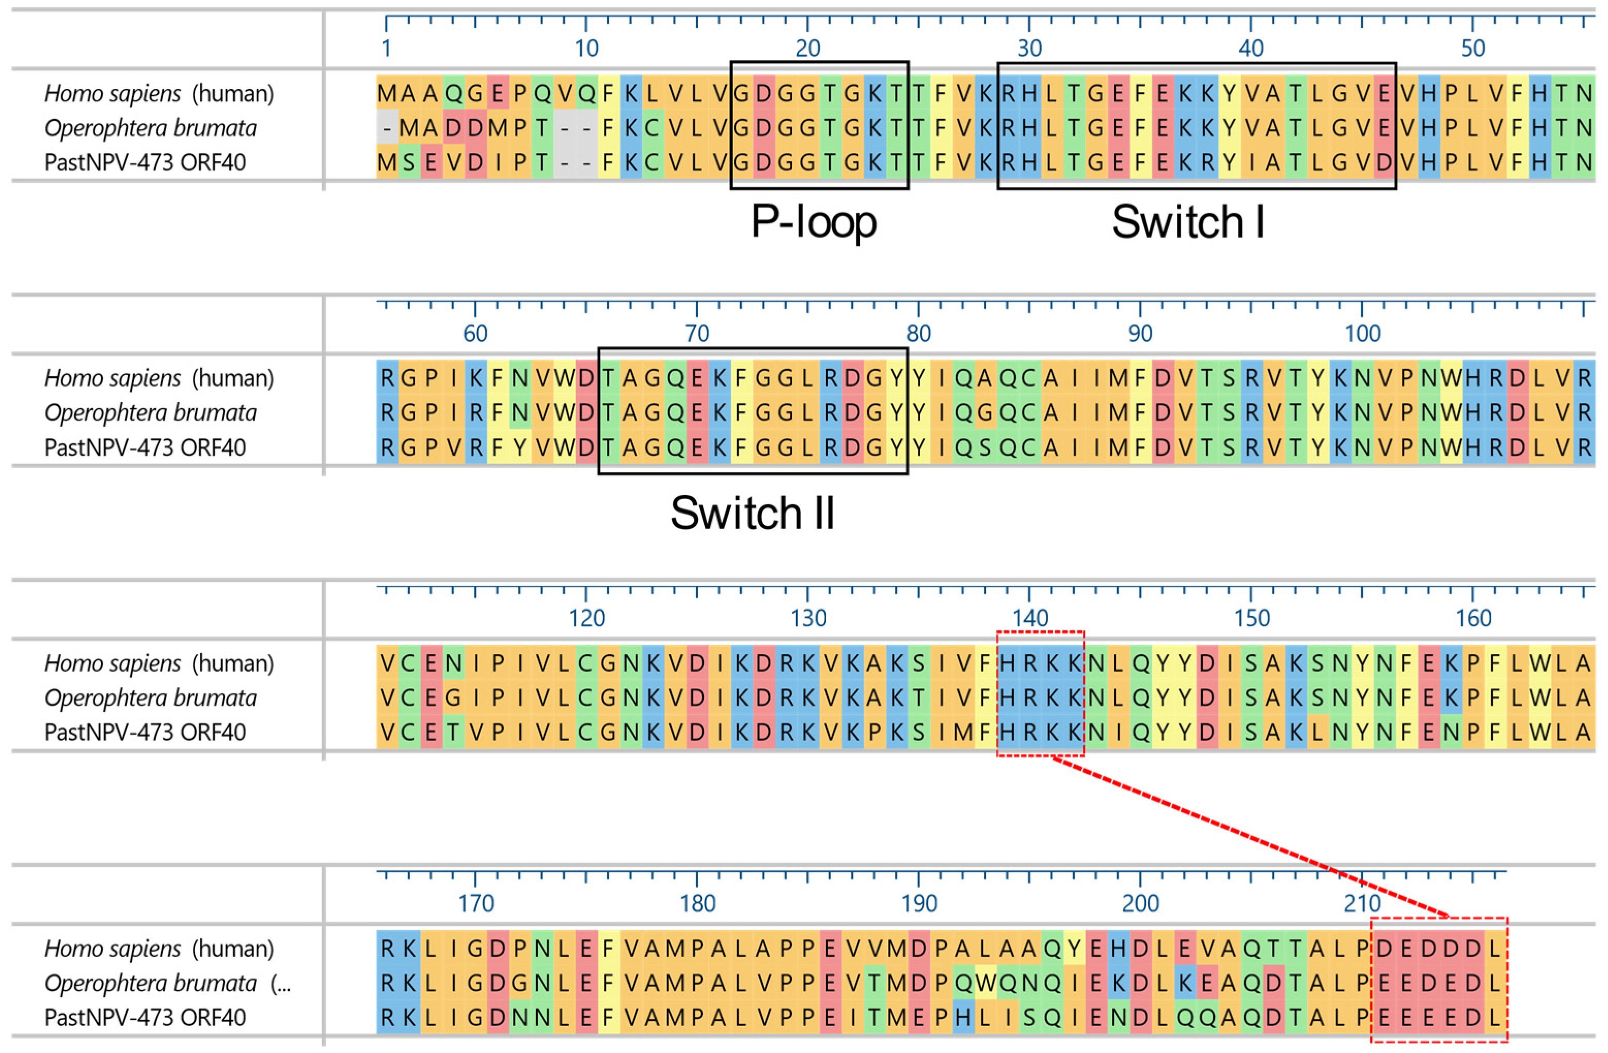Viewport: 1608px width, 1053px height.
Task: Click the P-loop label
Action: click(814, 223)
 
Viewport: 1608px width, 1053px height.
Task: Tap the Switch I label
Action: click(1188, 223)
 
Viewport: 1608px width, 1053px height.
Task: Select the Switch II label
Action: click(753, 513)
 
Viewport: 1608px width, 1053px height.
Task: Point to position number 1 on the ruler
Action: click(387, 49)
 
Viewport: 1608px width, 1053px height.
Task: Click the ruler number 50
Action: click(1473, 49)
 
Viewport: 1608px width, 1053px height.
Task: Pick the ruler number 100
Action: click(1362, 333)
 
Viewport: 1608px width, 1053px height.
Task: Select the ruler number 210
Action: click(1362, 904)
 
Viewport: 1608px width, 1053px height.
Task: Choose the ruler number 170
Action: click(475, 904)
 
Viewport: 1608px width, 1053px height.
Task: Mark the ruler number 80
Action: click(919, 333)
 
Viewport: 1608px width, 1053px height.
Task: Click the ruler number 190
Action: click(919, 904)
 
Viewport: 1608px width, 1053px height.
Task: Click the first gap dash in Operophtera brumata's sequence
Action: click(387, 127)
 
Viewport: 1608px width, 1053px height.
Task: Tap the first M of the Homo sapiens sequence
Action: click(387, 93)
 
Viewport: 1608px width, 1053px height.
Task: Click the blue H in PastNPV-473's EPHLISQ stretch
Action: click(963, 1017)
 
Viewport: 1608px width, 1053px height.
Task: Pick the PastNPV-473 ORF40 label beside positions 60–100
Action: click(145, 447)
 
